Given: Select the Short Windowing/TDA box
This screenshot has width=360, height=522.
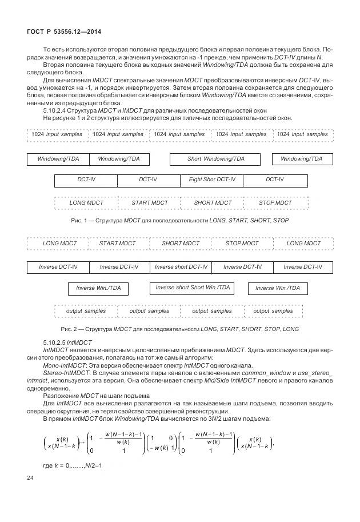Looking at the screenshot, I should [x=215, y=159].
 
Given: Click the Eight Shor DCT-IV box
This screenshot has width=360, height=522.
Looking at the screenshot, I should [x=211, y=180].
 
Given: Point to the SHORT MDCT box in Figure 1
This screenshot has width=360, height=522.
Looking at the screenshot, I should [x=213, y=203].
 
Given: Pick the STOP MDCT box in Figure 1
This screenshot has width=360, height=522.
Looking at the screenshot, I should [x=275, y=203].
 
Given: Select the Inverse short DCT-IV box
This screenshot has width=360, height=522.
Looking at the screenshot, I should [x=181, y=267].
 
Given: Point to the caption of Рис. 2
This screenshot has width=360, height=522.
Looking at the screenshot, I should [x=179, y=329].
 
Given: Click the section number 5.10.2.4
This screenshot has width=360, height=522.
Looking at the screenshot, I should [x=58, y=110].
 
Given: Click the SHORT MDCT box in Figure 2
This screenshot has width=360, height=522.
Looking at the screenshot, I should [x=181, y=244].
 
